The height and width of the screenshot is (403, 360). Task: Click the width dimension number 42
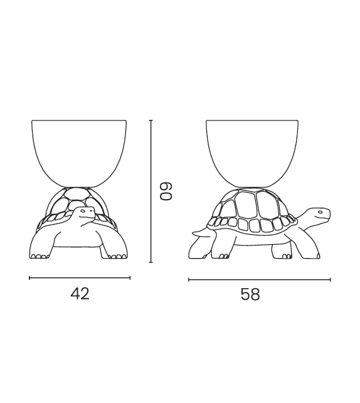pos(80,293)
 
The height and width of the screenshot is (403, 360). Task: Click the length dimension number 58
pos(250,294)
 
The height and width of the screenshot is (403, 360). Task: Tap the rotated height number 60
pos(166,191)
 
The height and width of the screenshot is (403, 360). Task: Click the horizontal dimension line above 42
pos(80,277)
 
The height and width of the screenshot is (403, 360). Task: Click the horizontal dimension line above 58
pos(259,280)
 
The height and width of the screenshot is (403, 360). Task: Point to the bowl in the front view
pos(80,151)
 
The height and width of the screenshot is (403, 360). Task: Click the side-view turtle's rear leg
pos(220,247)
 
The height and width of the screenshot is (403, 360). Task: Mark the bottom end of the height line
pos(151,262)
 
